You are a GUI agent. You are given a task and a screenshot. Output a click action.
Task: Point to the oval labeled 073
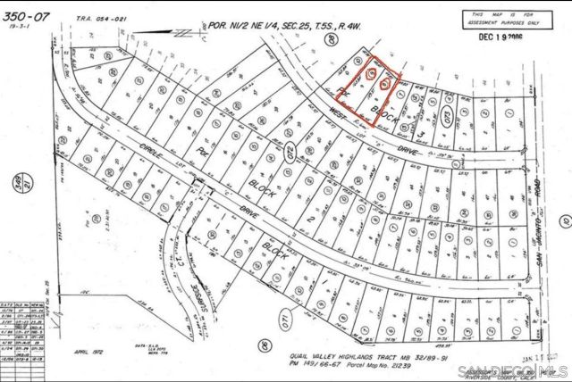click(x=437, y=120)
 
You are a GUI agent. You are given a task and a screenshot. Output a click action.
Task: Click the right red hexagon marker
click(x=384, y=83)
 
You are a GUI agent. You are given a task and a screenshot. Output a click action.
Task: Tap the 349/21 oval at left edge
click(x=13, y=185)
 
